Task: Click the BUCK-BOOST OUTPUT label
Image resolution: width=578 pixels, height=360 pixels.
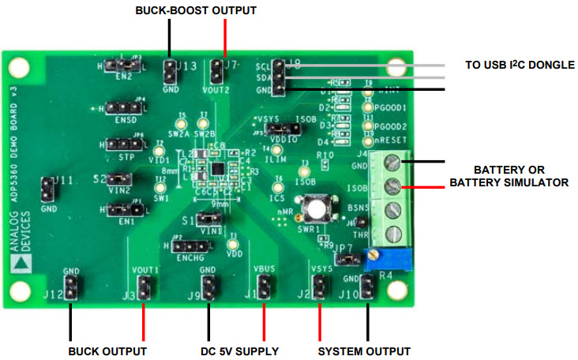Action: (196, 10)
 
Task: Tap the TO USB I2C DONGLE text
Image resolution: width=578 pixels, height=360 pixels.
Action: (519, 65)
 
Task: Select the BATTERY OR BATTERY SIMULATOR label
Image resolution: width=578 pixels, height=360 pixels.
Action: (509, 176)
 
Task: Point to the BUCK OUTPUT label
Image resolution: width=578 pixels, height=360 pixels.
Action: (107, 350)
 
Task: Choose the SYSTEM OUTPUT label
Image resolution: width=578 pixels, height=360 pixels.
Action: (364, 350)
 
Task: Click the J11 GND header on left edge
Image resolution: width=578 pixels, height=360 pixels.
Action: (47, 190)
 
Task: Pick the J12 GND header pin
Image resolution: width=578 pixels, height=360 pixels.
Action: (70, 287)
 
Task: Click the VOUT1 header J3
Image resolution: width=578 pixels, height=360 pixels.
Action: (144, 287)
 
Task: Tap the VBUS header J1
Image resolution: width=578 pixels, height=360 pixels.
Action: (263, 287)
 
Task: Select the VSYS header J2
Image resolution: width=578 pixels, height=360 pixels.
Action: (320, 287)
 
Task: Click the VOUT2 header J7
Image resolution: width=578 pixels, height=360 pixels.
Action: (215, 73)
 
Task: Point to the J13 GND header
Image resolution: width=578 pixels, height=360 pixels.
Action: (168, 70)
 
